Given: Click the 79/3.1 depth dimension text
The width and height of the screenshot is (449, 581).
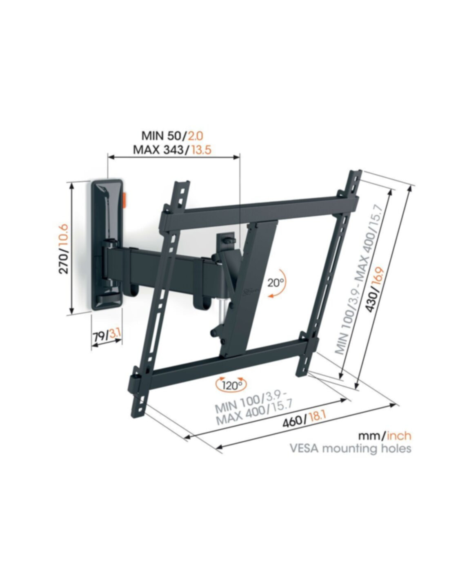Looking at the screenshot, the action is point(107,335).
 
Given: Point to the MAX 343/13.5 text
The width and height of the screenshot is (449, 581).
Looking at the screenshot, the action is point(172,150).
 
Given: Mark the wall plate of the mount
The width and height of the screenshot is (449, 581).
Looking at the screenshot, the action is point(107,245).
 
